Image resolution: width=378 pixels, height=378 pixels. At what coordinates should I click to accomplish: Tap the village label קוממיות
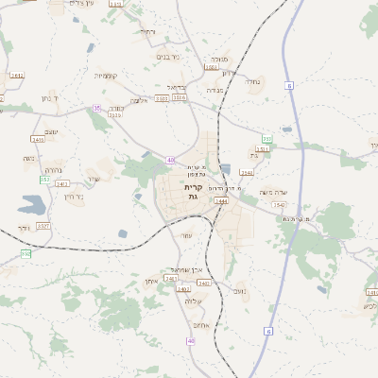click(105, 75)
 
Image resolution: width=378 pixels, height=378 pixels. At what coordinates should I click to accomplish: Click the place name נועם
click(239, 291)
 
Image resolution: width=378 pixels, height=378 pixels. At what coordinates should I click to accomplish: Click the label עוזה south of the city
click(186, 235)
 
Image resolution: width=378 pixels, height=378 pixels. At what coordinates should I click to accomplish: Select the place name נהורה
click(54, 171)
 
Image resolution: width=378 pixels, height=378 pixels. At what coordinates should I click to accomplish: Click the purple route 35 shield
click(96, 109)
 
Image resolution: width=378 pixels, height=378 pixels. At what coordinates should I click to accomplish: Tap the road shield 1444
click(222, 201)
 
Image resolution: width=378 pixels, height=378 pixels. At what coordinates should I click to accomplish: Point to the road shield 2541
click(247, 173)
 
